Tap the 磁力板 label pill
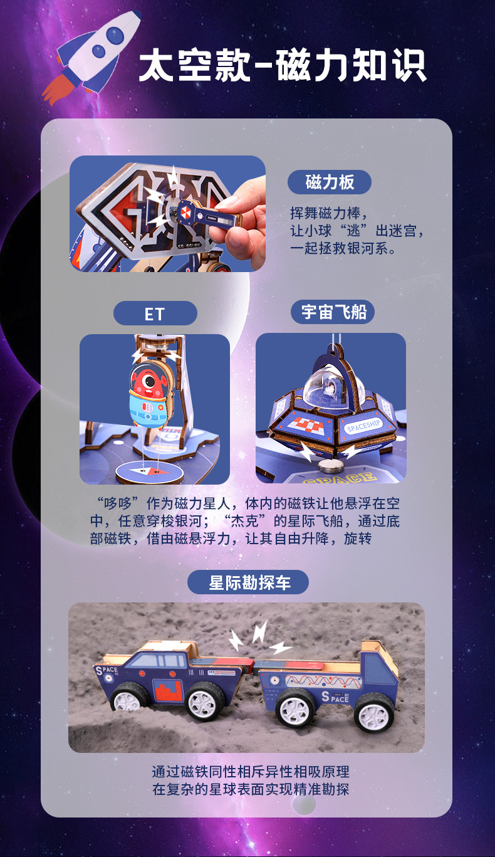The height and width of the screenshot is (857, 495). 330,182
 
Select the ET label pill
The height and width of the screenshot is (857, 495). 155,313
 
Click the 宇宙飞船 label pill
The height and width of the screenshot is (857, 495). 333,312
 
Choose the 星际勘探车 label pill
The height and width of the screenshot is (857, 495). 248,582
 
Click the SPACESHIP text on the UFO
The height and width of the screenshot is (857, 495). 363,424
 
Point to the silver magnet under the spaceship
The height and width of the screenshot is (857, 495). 330,465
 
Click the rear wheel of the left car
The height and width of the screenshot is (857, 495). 130,699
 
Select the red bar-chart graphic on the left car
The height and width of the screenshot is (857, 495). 168,690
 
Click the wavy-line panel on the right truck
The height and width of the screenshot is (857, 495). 323,681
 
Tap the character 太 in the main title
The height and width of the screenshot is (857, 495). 157,65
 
